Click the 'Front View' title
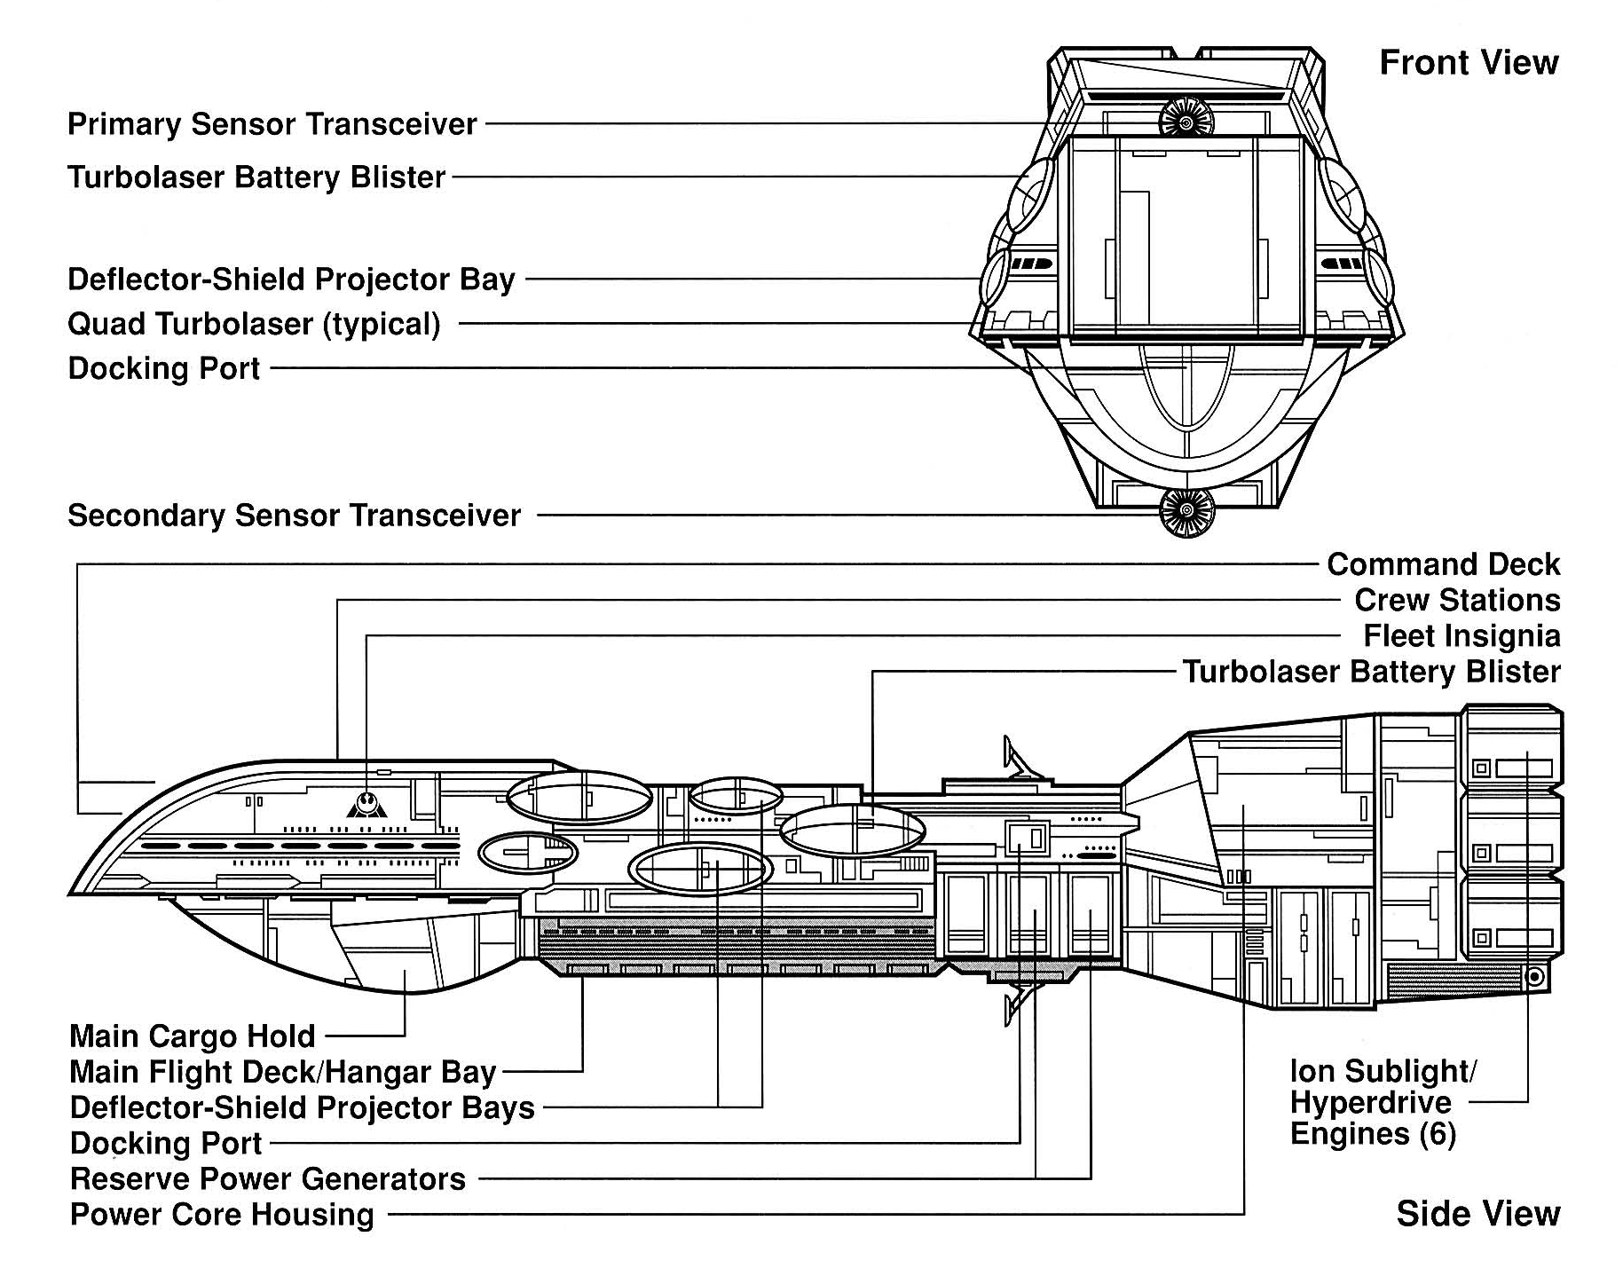pyautogui.click(x=1469, y=63)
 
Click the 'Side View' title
pyautogui.click(x=1477, y=1213)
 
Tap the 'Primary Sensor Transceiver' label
pyautogui.click(x=272, y=124)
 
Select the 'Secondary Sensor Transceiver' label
pyautogui.click(x=294, y=516)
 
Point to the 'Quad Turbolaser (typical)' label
pyautogui.click(x=254, y=324)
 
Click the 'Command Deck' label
pyautogui.click(x=1443, y=564)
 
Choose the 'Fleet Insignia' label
pyautogui.click(x=1461, y=636)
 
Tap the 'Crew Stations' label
pyautogui.click(x=1457, y=601)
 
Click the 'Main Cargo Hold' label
pyautogui.click(x=193, y=1036)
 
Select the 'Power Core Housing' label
pyautogui.click(x=222, y=1215)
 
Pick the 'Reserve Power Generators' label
pyautogui.click(x=268, y=1179)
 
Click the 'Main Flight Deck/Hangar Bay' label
pyautogui.click(x=282, y=1072)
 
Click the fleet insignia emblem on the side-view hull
pyautogui.click(x=366, y=804)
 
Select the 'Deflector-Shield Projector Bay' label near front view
pyautogui.click(x=291, y=280)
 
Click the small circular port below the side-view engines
pyautogui.click(x=1534, y=977)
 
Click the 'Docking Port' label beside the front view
pyautogui.click(x=164, y=368)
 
